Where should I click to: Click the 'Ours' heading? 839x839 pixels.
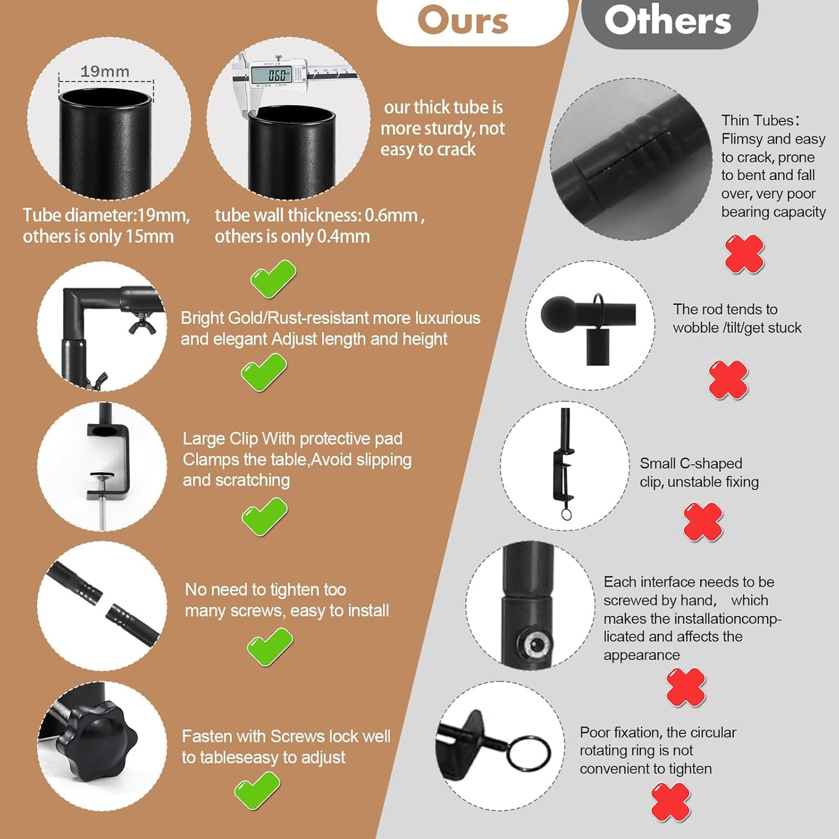[x=463, y=20]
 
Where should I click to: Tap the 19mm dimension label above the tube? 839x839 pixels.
[x=105, y=71]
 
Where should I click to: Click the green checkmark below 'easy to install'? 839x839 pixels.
[x=270, y=646]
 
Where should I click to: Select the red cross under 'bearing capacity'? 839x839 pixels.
[x=744, y=254]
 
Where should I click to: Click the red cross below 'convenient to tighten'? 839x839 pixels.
[x=671, y=802]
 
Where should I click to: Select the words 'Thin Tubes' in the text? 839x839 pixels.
[x=758, y=121]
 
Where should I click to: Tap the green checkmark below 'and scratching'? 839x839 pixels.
[x=264, y=516]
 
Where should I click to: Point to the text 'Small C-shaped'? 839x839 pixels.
[x=691, y=463]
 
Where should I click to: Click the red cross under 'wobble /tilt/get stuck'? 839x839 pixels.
[x=728, y=380]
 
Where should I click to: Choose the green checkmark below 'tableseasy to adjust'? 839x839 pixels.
[x=257, y=791]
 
